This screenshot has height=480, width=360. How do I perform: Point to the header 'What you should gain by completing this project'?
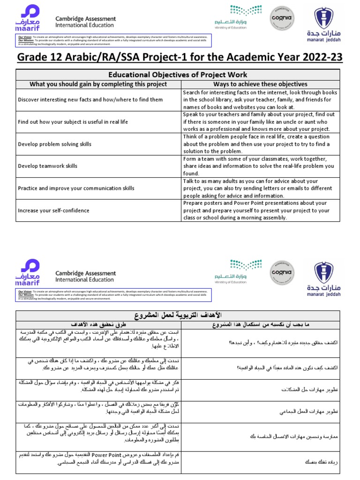coord(98,84)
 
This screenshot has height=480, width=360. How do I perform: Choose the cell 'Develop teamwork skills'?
coord(48,166)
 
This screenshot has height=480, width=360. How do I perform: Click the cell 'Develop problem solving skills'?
coord(54,144)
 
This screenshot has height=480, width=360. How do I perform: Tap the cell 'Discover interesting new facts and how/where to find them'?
coord(90,99)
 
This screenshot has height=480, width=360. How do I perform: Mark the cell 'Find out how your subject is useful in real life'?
coord(73,122)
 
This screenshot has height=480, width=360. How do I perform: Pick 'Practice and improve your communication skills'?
coord(75,188)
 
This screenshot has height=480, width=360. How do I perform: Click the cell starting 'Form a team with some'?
coord(258,166)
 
